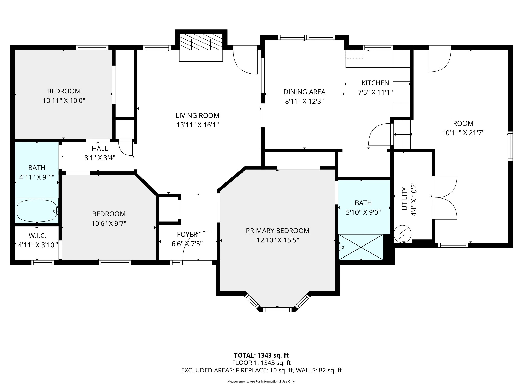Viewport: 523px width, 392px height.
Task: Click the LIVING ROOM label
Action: [x=197, y=116]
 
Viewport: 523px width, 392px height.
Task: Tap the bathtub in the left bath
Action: [x=37, y=211]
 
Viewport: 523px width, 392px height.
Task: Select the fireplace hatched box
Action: [x=201, y=42]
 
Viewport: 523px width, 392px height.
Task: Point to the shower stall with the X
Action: [x=361, y=247]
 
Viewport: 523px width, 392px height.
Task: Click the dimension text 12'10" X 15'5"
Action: [x=278, y=240]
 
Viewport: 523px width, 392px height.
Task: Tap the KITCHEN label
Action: [x=375, y=83]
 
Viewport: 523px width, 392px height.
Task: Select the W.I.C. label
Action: [x=38, y=236]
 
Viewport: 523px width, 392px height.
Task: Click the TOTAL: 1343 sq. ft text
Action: [x=261, y=355]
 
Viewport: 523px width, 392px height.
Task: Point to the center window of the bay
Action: [x=277, y=310]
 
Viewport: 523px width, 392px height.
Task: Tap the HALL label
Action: [x=100, y=149]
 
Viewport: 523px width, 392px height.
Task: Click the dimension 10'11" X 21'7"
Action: [x=463, y=133]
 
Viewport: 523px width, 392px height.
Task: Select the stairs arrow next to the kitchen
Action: [x=402, y=134]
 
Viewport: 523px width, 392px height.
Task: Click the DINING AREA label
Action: [x=304, y=92]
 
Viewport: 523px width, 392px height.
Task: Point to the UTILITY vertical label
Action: [x=405, y=199]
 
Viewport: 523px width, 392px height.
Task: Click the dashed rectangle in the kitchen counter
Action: [x=355, y=54]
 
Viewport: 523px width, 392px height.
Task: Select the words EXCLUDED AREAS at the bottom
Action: [x=207, y=370]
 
